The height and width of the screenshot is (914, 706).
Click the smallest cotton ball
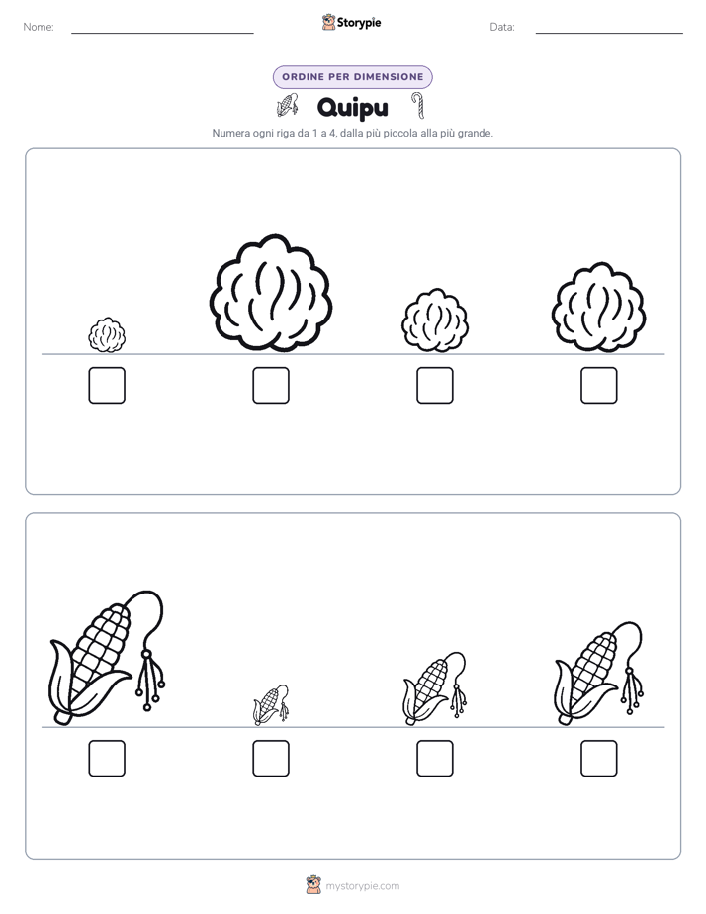pos(107,334)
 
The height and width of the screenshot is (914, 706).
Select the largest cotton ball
pos(271,293)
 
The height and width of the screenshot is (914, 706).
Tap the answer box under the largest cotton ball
pos(271,386)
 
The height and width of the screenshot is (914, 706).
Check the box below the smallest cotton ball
pos(107,386)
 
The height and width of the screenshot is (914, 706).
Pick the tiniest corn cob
pos(270,704)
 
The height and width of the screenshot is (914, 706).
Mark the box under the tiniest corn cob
pos(271,759)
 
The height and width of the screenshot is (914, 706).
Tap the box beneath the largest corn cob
pos(107,759)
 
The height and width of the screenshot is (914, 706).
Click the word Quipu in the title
pos(352,108)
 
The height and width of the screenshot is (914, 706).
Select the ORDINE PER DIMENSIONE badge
pos(352,77)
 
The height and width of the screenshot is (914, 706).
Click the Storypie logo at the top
pos(351,23)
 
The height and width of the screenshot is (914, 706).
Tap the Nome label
pos(39,27)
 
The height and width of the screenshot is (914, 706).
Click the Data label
pos(502,27)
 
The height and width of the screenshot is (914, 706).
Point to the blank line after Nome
pos(162,33)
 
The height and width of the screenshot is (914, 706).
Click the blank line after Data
pos(609,33)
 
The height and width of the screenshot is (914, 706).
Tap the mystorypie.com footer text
pos(362,886)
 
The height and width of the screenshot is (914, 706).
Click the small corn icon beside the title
pos(287,106)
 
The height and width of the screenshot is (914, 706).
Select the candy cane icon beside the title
pos(417,106)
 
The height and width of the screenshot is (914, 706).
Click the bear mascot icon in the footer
pos(313,885)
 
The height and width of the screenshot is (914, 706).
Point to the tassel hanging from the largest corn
pos(150,680)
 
